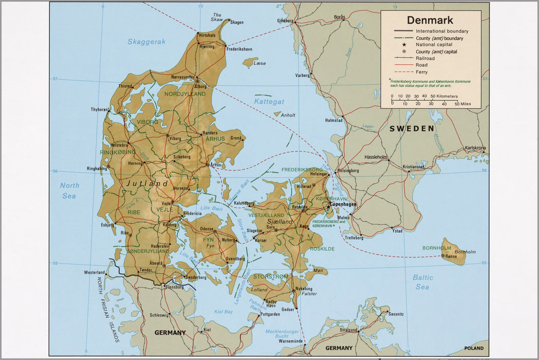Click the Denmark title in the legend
[430, 21]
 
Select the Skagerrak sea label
[146, 42]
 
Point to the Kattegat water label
[269, 102]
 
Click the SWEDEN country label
[412, 129]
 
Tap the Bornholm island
[453, 252]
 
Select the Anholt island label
[288, 115]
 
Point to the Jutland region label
[147, 184]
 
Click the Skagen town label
[236, 22]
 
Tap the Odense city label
[207, 229]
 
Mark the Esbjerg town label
[108, 225]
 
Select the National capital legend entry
[434, 45]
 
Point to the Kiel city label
[207, 330]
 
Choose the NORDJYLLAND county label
[185, 94]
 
